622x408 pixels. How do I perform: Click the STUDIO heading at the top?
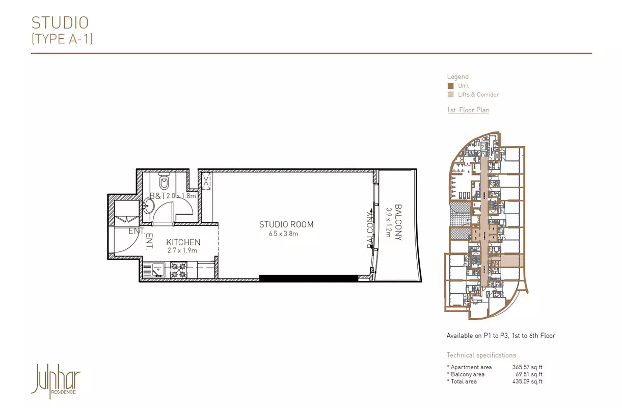60,23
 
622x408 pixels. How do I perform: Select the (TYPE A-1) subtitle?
62,39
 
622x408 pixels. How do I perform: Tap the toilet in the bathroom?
164,181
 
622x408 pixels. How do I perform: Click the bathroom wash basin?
149,206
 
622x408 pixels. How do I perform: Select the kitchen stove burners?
178,270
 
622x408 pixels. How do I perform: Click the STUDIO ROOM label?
286,224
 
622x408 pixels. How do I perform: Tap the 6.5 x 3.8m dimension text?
283,234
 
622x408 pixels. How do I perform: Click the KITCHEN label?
183,242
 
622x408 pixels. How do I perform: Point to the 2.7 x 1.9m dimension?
182,250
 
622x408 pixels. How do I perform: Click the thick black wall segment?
309,278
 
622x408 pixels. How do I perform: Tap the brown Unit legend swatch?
450,86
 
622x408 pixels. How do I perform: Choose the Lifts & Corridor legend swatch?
450,95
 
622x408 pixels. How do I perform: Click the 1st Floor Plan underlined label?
468,110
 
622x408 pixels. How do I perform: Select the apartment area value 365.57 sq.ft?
527,367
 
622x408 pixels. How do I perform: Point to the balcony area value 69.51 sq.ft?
529,374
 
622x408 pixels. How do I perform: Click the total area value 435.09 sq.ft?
527,381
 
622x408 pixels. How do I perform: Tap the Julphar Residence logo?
56,381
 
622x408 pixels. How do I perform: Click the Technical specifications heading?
481,355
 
